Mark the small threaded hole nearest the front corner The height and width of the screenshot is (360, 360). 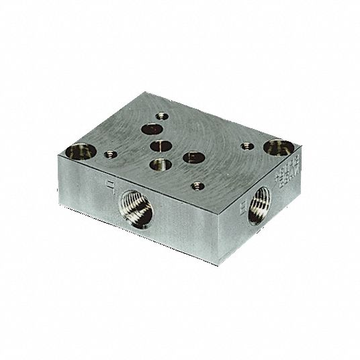[x=196, y=185]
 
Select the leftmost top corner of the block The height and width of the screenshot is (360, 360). [x=59, y=154]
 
